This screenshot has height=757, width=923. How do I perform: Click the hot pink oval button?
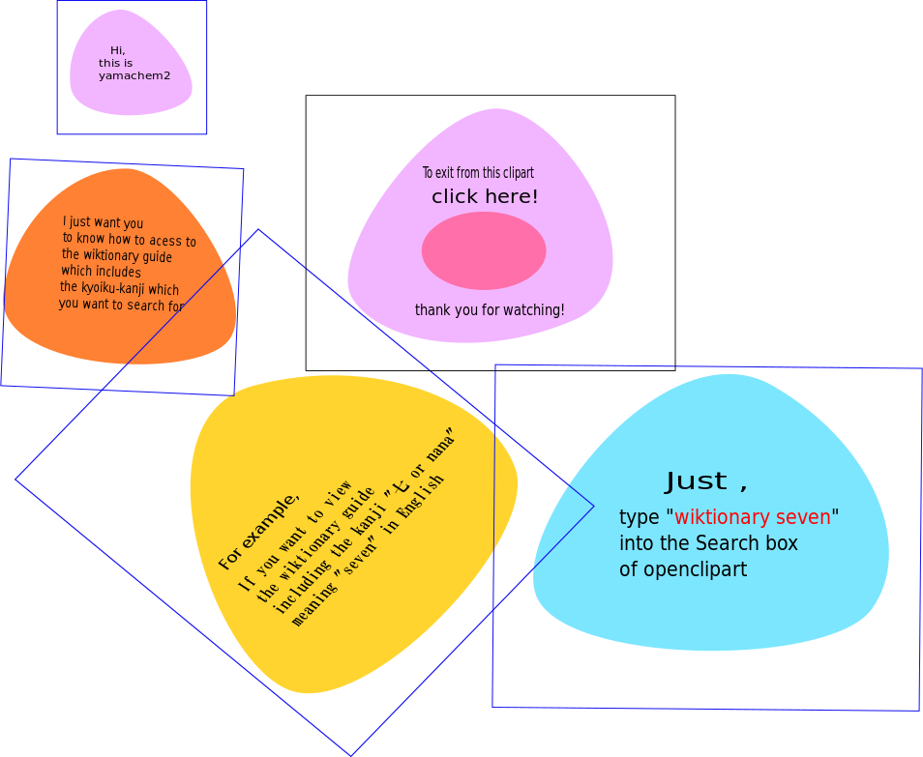coord(484,250)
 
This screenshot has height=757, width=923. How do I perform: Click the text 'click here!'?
coord(485,196)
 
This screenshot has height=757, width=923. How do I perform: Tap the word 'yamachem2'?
coord(134,75)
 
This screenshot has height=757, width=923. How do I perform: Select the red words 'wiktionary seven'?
coord(753,517)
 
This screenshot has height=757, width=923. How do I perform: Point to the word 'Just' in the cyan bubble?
coord(696,480)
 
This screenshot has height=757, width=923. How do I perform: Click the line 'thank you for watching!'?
coord(490,310)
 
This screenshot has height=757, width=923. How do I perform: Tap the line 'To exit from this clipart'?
coord(478,173)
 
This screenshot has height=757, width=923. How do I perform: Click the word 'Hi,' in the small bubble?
coord(117,50)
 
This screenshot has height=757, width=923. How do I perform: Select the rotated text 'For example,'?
coord(258,531)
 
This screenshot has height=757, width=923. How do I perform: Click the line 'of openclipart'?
coord(683,569)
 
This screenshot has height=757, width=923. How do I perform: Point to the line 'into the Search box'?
coord(708,543)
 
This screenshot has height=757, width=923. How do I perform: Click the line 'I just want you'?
coord(103,222)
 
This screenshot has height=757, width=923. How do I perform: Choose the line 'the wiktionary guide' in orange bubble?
coord(116,255)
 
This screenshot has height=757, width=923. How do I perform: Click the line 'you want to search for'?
coord(121,305)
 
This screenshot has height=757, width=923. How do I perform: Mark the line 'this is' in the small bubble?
coord(115,63)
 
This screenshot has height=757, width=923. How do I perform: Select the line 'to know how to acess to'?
coord(129,239)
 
